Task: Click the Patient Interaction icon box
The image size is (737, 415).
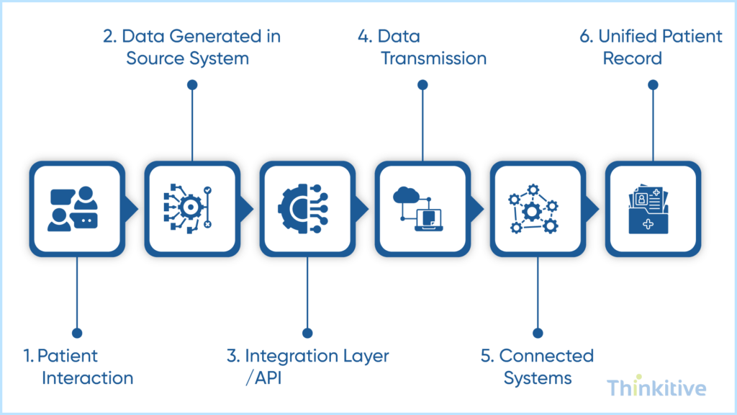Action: click(x=77, y=209)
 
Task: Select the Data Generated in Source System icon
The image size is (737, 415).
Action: click(x=192, y=209)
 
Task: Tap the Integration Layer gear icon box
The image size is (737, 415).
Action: click(x=307, y=209)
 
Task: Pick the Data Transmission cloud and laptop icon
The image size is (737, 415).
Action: click(x=422, y=209)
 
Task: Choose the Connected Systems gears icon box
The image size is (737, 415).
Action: click(x=538, y=209)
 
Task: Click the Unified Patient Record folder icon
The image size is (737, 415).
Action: click(x=652, y=209)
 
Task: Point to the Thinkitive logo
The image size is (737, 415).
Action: click(x=656, y=388)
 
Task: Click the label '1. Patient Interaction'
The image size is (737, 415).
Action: click(x=78, y=367)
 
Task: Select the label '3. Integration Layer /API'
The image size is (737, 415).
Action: click(x=307, y=367)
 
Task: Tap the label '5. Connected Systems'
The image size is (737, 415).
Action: click(x=538, y=367)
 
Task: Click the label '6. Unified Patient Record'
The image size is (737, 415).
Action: click(x=651, y=47)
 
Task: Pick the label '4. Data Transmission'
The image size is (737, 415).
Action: click(x=422, y=47)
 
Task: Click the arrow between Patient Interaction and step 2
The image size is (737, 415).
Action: click(x=131, y=209)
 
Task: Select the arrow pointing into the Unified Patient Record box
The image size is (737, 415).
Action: click(x=592, y=209)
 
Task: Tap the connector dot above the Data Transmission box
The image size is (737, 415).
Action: click(x=422, y=85)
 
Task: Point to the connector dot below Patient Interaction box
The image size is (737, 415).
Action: click(x=77, y=333)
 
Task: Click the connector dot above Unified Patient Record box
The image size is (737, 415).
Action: click(x=653, y=85)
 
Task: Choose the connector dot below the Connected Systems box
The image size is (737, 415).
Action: click(x=538, y=333)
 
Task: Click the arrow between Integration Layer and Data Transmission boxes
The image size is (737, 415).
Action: click(x=361, y=209)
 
